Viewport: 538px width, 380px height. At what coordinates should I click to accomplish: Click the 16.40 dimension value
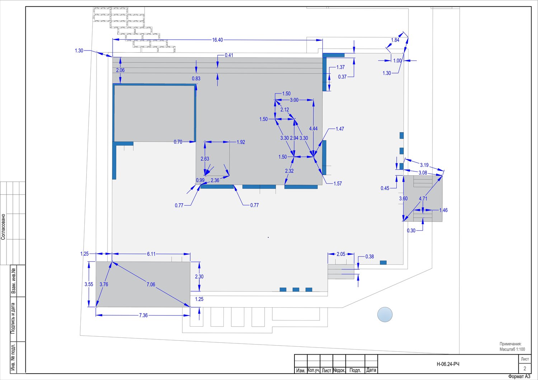tap(217, 40)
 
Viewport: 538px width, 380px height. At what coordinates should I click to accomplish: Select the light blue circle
tap(385, 314)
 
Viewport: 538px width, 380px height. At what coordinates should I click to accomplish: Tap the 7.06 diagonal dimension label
tap(151, 284)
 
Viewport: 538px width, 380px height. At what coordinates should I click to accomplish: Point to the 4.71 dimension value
tap(423, 199)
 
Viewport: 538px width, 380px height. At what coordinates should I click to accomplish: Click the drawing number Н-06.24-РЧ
tap(448, 364)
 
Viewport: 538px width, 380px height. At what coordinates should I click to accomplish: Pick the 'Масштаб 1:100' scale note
tap(512, 349)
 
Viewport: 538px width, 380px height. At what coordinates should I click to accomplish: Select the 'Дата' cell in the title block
tap(371, 370)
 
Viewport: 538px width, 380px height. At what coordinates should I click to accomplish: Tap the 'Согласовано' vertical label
tap(3, 227)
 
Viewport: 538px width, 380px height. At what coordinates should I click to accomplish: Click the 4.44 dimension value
tap(313, 129)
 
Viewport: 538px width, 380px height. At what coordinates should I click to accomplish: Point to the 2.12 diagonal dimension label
tap(285, 110)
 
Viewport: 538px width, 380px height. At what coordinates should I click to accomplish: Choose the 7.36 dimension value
tap(143, 315)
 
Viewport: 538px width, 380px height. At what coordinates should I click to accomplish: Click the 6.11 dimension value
tap(151, 254)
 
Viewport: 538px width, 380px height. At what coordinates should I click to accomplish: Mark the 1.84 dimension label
tap(395, 40)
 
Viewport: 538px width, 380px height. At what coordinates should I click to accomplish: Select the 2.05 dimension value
tap(341, 254)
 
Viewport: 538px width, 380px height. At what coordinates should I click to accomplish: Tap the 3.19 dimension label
tap(424, 165)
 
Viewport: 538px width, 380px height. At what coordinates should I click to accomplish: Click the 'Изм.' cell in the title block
tap(301, 370)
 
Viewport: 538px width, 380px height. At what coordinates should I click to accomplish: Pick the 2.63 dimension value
tap(205, 159)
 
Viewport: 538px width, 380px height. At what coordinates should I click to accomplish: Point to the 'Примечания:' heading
tap(511, 344)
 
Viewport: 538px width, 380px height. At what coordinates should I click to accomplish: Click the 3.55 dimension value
tap(89, 284)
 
